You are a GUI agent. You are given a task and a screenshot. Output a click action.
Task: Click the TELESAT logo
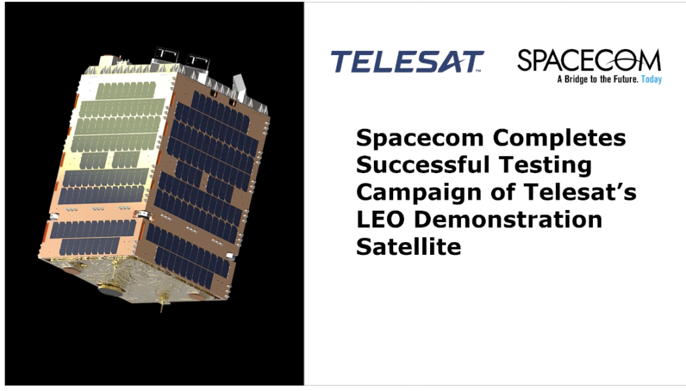click(x=407, y=61)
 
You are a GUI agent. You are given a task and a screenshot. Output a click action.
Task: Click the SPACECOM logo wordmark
click(x=589, y=60)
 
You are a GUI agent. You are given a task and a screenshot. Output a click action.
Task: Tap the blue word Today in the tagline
click(x=651, y=79)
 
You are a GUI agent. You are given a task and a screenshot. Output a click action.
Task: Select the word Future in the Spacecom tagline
click(x=626, y=79)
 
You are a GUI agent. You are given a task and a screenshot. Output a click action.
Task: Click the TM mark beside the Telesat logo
click(x=478, y=70)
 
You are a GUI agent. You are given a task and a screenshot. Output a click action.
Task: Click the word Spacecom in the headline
click(x=420, y=138)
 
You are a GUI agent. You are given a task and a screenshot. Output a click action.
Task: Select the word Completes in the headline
click(x=559, y=138)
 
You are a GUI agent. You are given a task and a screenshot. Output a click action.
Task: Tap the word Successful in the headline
click(x=423, y=165)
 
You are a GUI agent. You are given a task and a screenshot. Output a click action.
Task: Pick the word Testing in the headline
click(x=545, y=166)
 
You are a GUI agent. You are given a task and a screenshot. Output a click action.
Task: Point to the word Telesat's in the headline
click(x=579, y=192)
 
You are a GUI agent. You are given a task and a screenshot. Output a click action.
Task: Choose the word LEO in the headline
click(x=381, y=219)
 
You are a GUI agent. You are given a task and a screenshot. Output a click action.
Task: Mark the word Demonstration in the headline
click(x=508, y=219)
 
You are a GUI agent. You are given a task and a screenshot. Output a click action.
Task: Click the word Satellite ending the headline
click(x=409, y=247)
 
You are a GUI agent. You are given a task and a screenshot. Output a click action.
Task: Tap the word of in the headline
click(x=502, y=192)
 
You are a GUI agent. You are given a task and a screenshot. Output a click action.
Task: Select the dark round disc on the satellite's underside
click(x=111, y=290)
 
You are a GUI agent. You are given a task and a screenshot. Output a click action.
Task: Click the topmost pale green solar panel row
click(x=126, y=91)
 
